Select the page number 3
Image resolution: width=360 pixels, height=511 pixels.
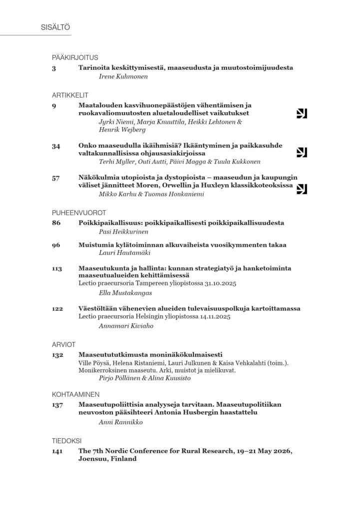point(54,67)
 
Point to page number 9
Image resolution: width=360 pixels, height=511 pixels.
point(54,105)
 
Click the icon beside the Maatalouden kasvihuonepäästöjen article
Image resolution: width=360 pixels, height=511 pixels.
point(302,114)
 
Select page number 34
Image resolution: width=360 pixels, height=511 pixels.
point(56,146)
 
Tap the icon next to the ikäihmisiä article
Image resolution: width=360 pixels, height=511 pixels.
point(302,152)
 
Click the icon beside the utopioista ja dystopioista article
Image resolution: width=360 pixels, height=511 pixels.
point(302,188)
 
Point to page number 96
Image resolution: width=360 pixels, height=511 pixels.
point(56,245)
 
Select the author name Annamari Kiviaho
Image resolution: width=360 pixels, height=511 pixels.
point(120,327)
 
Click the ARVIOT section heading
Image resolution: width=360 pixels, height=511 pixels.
point(63,344)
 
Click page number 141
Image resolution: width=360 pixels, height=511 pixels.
point(57,451)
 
